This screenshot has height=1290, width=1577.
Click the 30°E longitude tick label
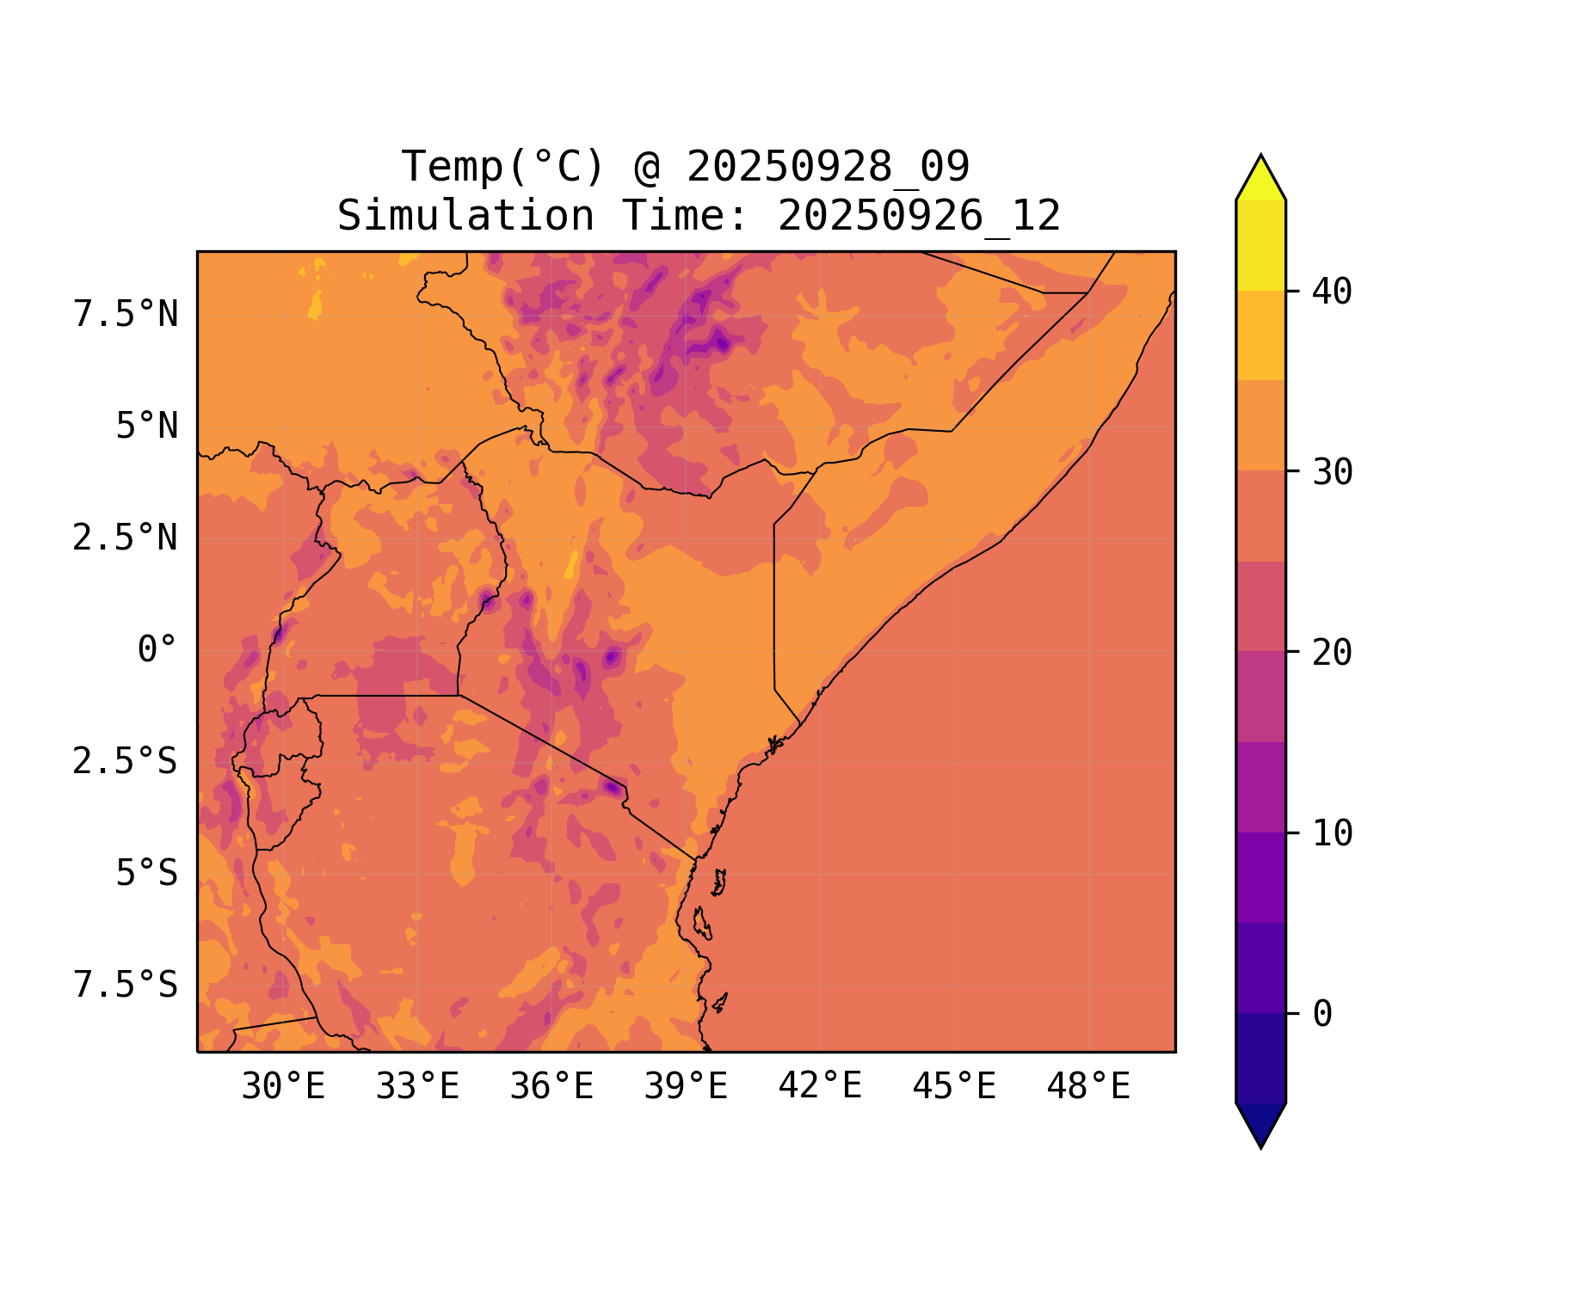pyautogui.click(x=283, y=1087)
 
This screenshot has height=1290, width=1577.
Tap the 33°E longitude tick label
pyautogui.click(x=417, y=1087)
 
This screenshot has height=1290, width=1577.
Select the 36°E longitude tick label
pyautogui.click(x=551, y=1087)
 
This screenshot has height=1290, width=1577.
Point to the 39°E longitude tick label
pyautogui.click(x=686, y=1087)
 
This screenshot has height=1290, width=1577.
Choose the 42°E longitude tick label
pyautogui.click(x=820, y=1086)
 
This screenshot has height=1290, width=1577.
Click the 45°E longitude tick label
pyautogui.click(x=954, y=1087)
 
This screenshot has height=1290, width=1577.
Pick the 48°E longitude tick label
pyautogui.click(x=1088, y=1087)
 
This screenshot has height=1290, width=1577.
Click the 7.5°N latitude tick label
pyautogui.click(x=126, y=315)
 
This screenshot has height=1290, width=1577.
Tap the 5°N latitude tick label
pyautogui.click(x=147, y=427)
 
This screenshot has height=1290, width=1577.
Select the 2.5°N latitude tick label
pyautogui.click(x=126, y=538)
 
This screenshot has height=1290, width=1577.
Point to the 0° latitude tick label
pyautogui.click(x=157, y=650)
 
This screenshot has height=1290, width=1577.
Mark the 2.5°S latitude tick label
pyautogui.click(x=126, y=762)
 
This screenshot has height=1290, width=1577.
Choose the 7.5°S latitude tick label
pyautogui.click(x=126, y=986)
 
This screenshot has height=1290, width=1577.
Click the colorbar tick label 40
pyautogui.click(x=1332, y=292)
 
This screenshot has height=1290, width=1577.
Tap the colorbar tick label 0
pyautogui.click(x=1322, y=1014)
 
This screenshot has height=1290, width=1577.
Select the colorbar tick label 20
pyautogui.click(x=1332, y=653)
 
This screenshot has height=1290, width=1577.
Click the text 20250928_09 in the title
pyautogui.click(x=828, y=167)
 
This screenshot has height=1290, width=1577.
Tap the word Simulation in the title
pyautogui.click(x=465, y=216)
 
